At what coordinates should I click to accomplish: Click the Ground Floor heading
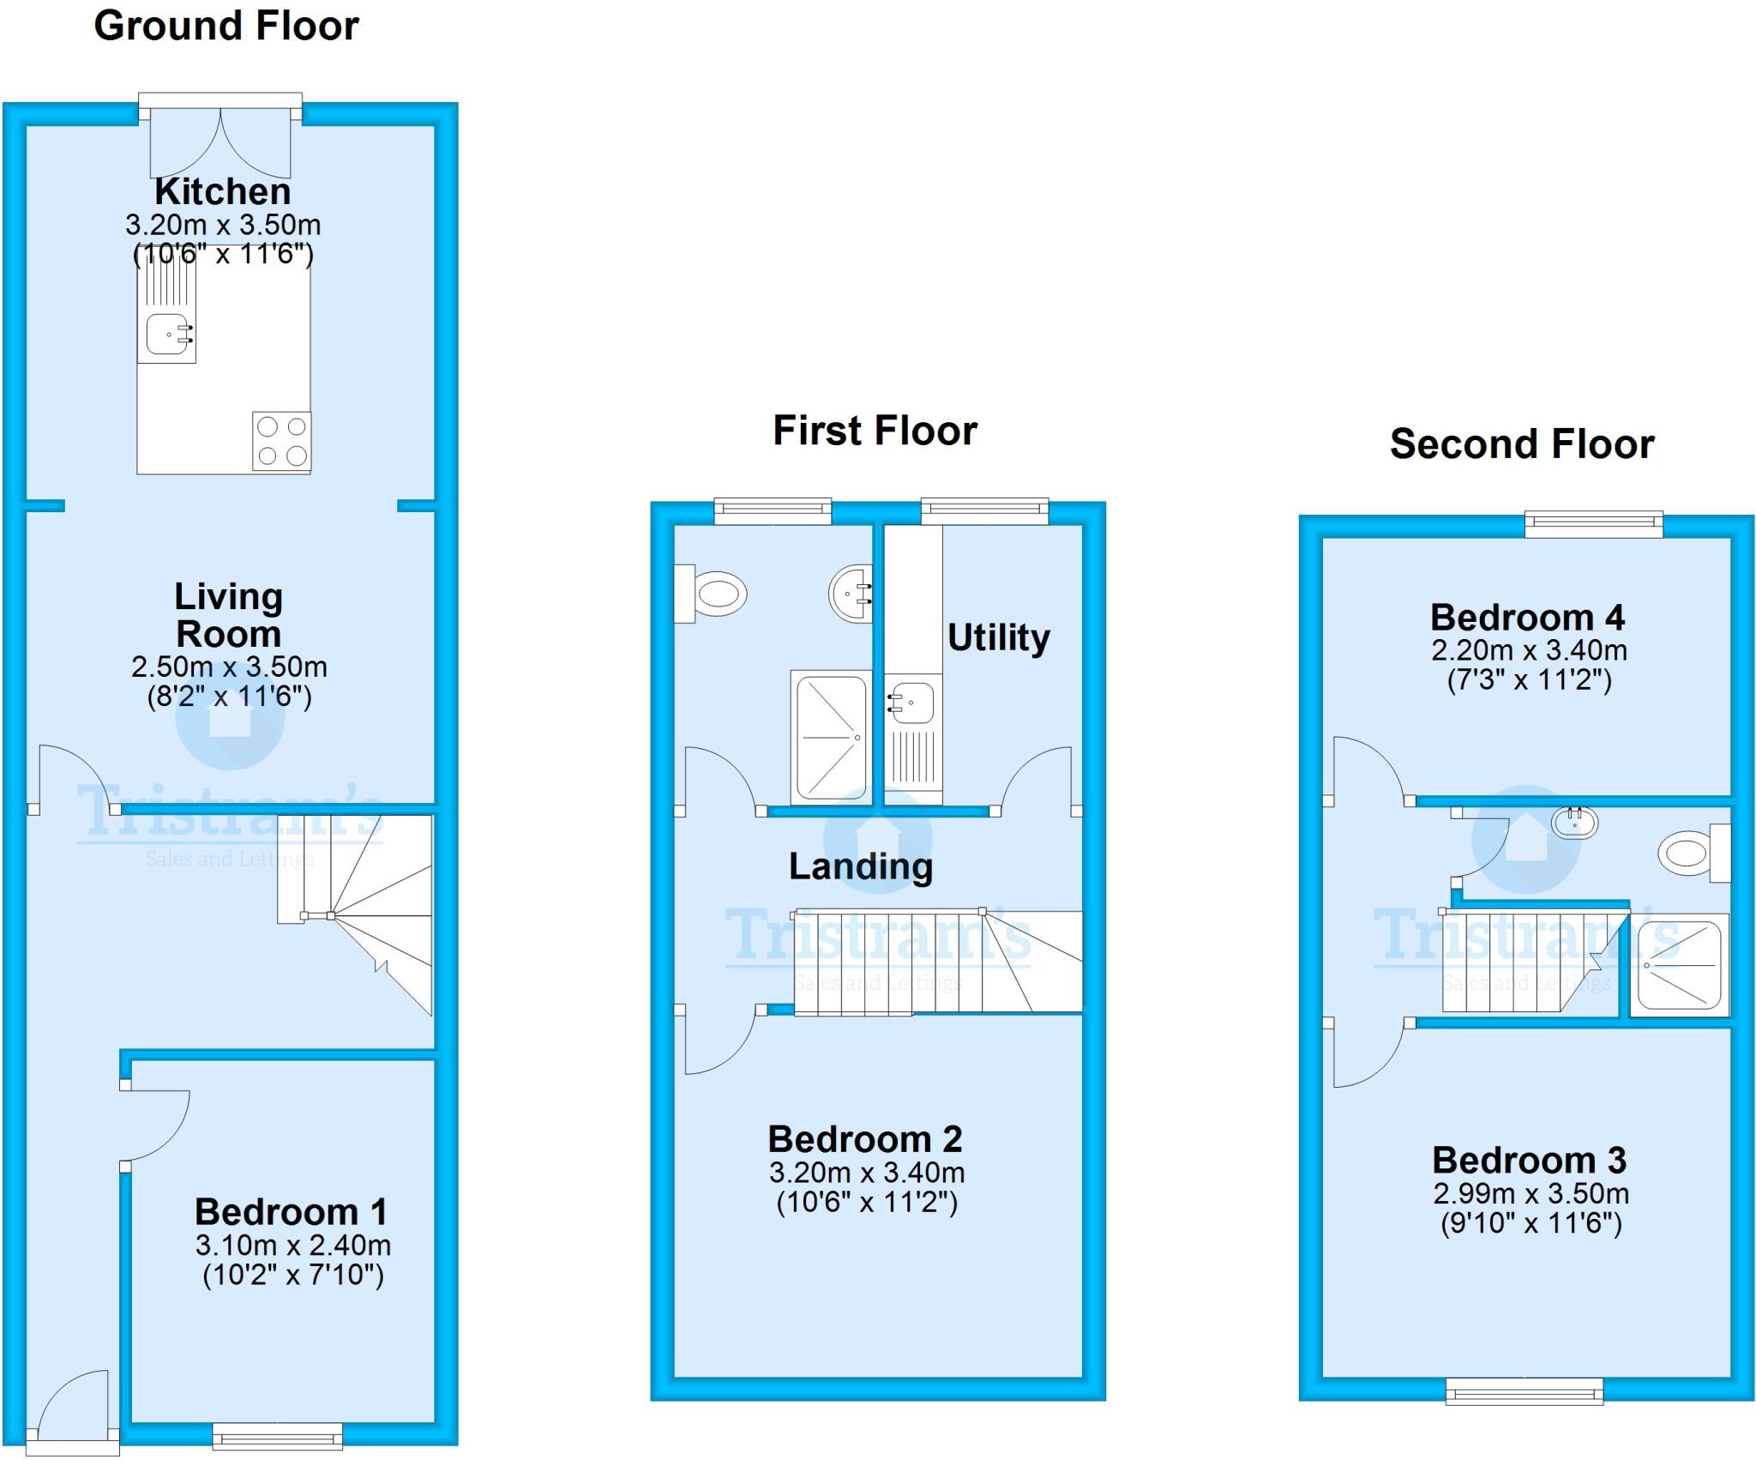[x=226, y=26]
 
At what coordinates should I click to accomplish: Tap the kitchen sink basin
[x=169, y=334]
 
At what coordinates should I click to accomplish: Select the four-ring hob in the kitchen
[x=281, y=441]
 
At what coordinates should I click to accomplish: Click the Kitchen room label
[x=223, y=191]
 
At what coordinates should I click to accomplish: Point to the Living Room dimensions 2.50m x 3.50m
[x=229, y=667]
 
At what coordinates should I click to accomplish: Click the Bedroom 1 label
[x=292, y=1212]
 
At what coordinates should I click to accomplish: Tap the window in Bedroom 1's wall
[x=277, y=1436]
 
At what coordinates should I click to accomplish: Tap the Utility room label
[x=999, y=637]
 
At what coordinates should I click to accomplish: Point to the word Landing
[x=861, y=867]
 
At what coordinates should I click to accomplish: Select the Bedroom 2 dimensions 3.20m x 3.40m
[x=867, y=1173]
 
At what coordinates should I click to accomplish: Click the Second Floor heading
[x=1522, y=443]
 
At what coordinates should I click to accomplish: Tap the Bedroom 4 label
[x=1528, y=618]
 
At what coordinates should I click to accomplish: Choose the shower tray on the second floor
[x=1679, y=964]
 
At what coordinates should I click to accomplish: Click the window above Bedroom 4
[x=1594, y=524]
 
